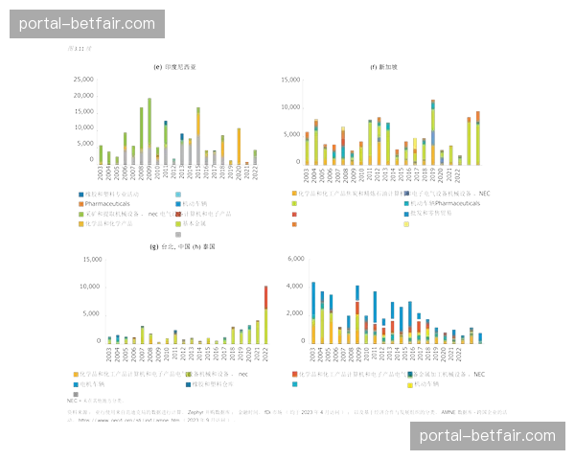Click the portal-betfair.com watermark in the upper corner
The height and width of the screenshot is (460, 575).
pyautogui.click(x=87, y=23)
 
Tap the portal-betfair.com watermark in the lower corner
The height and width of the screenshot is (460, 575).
pyautogui.click(x=487, y=436)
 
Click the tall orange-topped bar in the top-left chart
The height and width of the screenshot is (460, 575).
pyautogui.click(x=198, y=134)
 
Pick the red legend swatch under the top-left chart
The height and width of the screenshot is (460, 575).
pyautogui.click(x=80, y=204)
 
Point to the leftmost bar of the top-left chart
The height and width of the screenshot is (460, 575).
pyautogui.click(x=101, y=153)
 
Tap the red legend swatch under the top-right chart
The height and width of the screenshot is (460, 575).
pyautogui.click(x=295, y=215)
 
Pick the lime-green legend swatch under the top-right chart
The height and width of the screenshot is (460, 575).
pyautogui.click(x=295, y=203)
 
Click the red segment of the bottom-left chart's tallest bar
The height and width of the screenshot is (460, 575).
pyautogui.click(x=264, y=297)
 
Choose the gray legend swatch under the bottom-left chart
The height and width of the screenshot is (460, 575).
pyautogui.click(x=75, y=394)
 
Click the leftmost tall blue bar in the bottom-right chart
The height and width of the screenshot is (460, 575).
pyautogui.click(x=312, y=307)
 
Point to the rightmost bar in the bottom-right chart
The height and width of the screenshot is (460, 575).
pyautogui.click(x=479, y=336)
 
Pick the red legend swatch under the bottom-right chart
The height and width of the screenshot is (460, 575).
pyautogui.click(x=295, y=374)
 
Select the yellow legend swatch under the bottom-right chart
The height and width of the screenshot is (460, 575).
pyautogui.click(x=410, y=384)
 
